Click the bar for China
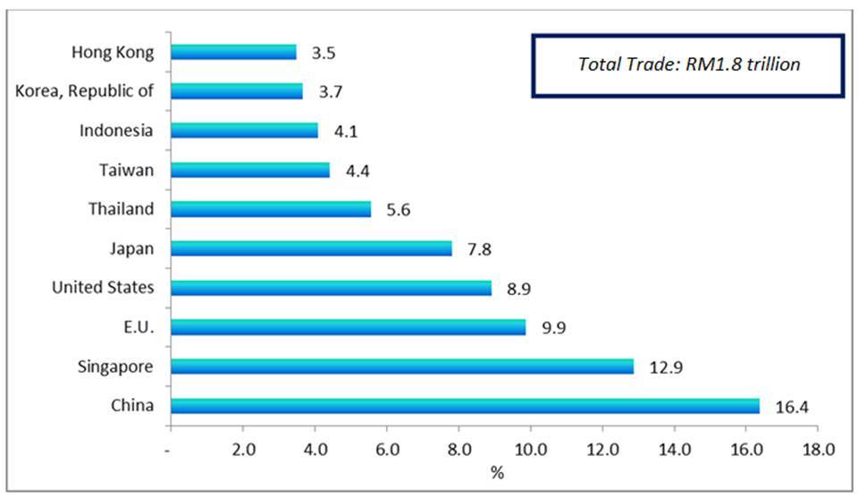pyautogui.click(x=465, y=406)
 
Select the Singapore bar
pyautogui.click(x=401, y=367)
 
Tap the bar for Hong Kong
pyautogui.click(x=232, y=52)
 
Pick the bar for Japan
pyautogui.click(x=310, y=248)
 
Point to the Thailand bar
pyautogui.click(x=270, y=208)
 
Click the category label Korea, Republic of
pyautogui.click(x=85, y=91)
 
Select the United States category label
pyautogui.click(x=103, y=287)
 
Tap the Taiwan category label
pyautogui.click(x=129, y=170)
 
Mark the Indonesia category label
pyautogui.click(x=115, y=131)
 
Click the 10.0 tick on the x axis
pyautogui.click(x=530, y=450)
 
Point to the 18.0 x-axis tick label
pyautogui.click(x=817, y=450)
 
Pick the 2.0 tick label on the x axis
pyautogui.click(x=242, y=450)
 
